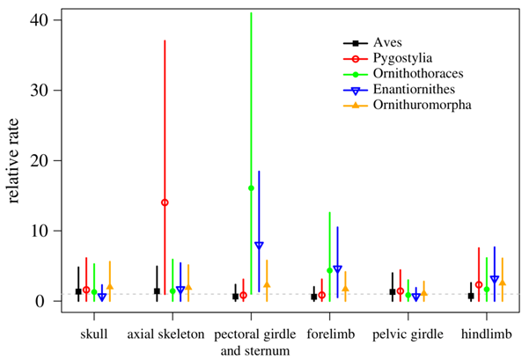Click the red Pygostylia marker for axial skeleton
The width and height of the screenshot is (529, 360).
tap(165, 202)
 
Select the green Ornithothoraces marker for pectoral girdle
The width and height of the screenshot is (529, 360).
tap(251, 188)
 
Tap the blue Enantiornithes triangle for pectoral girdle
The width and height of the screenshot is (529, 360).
tap(259, 245)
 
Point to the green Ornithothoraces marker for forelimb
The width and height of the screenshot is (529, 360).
tap(329, 270)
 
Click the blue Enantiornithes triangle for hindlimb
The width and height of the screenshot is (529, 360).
tap(495, 279)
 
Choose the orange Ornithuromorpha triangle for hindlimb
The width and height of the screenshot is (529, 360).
tap(503, 283)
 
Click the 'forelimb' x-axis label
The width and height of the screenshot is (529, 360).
tap(331, 335)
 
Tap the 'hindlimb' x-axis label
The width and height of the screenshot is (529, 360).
tap(487, 335)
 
